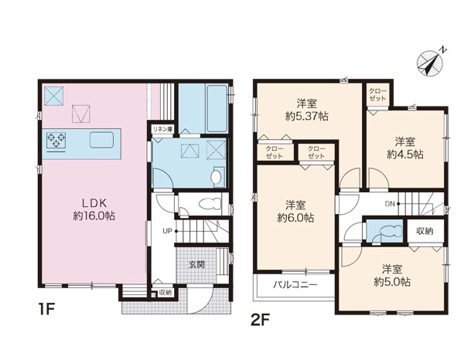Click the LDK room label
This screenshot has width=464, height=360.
(x=94, y=203)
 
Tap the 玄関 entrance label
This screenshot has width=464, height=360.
(x=196, y=264)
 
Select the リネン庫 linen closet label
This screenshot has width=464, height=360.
(x=162, y=129)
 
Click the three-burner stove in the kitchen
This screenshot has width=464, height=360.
(x=56, y=140)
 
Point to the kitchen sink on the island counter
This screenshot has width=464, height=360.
(x=101, y=140)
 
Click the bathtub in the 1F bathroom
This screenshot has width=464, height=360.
(x=217, y=108)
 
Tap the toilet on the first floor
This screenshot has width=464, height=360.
(x=210, y=204)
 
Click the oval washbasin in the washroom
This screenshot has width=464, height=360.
(x=216, y=177)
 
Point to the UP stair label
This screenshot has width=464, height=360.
(x=167, y=231)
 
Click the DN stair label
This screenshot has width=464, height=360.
(x=390, y=204)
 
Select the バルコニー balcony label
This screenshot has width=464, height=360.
(x=295, y=284)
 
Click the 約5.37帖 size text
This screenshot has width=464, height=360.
(x=307, y=117)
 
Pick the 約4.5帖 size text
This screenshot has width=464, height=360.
(x=405, y=154)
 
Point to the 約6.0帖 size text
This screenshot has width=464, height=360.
(x=295, y=218)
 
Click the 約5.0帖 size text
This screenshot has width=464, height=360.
(x=392, y=282)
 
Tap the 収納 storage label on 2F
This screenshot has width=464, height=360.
(x=425, y=230)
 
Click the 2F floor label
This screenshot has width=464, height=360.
(x=260, y=320)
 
